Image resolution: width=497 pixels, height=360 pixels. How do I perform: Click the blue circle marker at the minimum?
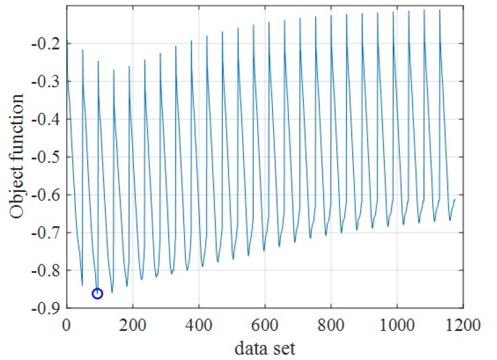pyautogui.click(x=97, y=293)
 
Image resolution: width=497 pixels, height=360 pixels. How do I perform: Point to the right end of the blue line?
pyautogui.click(x=455, y=199)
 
